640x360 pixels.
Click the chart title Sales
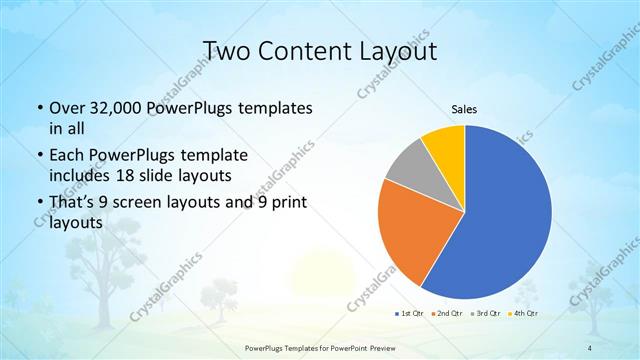464,109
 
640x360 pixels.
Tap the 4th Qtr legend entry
525,313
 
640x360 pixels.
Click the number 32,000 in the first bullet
111,107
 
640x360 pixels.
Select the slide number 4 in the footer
590,347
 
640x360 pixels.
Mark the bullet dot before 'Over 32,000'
38,108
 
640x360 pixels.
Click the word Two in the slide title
226,50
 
